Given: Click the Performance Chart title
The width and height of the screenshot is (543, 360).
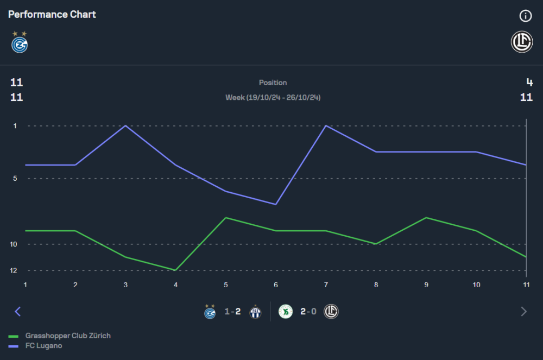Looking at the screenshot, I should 52,15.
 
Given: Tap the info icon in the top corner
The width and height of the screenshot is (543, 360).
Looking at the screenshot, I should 525,16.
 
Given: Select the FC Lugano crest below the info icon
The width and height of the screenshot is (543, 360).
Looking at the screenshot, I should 522,42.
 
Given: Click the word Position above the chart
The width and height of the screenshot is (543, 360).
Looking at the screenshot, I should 273,83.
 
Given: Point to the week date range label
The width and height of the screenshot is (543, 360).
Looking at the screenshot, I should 273,98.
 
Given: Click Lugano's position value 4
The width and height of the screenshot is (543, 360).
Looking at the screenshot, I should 529,83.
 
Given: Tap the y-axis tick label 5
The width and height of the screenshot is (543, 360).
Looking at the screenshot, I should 15,178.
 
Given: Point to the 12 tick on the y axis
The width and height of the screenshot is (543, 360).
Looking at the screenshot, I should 14,270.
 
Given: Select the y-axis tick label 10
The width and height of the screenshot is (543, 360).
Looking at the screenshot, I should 14,244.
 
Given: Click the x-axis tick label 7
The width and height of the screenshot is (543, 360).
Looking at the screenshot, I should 326,284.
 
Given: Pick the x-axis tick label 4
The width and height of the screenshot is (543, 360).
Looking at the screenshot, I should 175,284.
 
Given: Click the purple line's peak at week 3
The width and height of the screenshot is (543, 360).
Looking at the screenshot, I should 125,126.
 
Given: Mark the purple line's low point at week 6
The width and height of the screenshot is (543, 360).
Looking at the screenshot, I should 276,204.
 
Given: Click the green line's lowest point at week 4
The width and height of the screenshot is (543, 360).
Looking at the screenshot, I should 175,270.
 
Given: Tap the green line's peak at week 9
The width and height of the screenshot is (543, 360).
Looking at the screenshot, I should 426,218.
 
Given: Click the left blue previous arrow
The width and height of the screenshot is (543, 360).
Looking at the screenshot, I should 17,312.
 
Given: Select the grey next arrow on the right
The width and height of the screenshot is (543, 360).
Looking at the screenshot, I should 523,312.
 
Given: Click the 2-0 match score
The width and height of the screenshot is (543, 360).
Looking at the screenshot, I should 308,312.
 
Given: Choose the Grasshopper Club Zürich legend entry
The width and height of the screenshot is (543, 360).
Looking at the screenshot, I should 68,336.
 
